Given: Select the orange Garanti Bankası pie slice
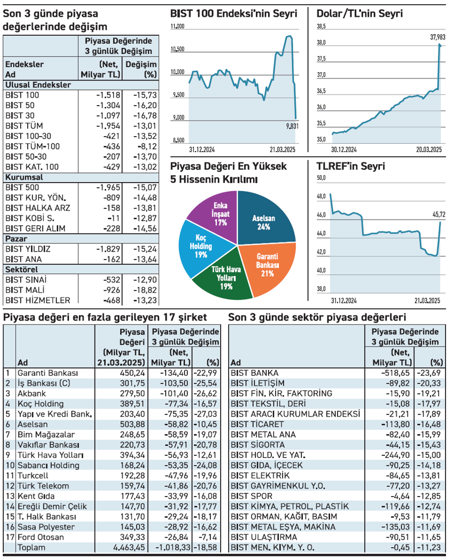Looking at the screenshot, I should click(x=266, y=264).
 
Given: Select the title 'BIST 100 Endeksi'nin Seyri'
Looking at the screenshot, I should click(x=233, y=14).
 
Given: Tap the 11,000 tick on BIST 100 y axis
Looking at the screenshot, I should click(x=177, y=26).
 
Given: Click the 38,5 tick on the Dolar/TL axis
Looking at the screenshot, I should click(x=321, y=26).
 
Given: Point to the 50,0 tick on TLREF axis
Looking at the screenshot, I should click(x=321, y=178).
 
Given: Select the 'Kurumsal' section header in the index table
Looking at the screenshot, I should click(x=24, y=177).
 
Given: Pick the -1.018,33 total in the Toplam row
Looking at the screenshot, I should click(x=170, y=547).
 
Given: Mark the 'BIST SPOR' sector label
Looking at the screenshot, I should click(x=251, y=496).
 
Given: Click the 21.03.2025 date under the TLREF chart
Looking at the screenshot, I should click(x=430, y=301).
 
